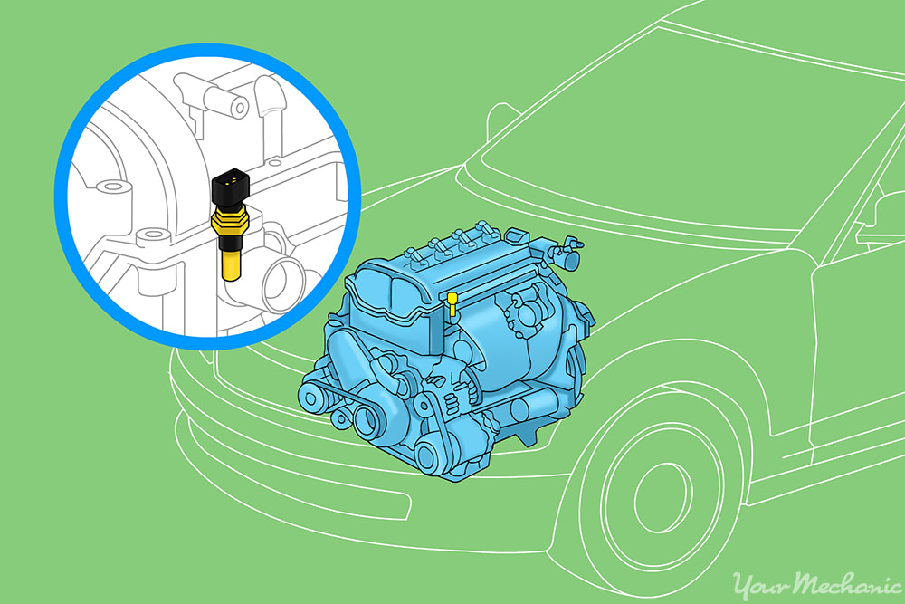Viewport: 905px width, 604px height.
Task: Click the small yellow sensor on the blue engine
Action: point(452,307)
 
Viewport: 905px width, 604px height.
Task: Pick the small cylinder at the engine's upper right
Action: point(570,258)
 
